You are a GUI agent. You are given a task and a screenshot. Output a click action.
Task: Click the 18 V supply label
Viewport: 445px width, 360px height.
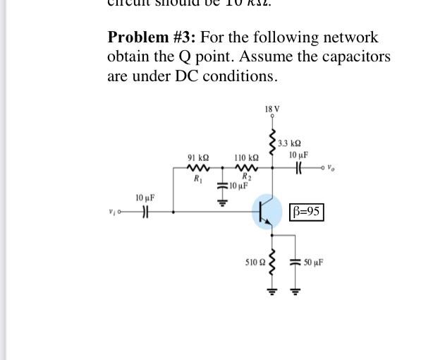(272, 109)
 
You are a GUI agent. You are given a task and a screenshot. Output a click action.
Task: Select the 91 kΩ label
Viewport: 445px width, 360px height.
(197, 158)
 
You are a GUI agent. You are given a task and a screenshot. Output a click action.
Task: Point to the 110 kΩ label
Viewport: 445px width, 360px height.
(246, 158)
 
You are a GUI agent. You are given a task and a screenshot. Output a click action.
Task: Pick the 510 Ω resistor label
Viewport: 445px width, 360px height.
(254, 262)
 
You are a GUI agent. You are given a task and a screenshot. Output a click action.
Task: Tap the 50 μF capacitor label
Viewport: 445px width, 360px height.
(314, 262)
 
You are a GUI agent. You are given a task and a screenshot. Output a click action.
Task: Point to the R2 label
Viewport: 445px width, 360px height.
(246, 176)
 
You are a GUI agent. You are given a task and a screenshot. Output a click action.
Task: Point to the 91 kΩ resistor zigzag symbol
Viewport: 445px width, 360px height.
(197, 168)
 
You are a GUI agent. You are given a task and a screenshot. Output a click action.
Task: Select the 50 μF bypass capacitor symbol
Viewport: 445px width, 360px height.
(295, 263)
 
